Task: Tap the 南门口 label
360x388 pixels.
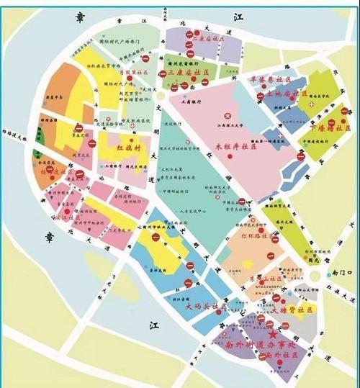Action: (x=338, y=273)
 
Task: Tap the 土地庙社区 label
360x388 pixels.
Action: (x=287, y=94)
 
